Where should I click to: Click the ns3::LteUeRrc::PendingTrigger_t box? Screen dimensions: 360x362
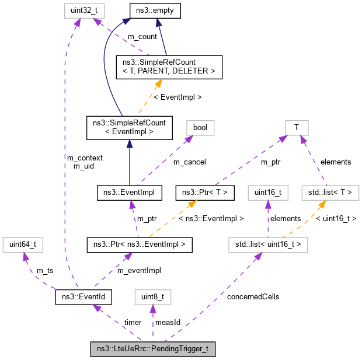153,349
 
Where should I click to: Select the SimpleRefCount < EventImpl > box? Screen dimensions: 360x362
129,127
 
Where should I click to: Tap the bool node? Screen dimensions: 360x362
200,127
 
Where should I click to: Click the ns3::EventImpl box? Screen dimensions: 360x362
129,191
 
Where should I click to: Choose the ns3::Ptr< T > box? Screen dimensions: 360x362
205,191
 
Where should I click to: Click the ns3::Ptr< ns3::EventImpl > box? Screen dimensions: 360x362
139,244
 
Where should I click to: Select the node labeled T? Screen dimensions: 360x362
297,127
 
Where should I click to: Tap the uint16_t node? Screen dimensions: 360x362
267,191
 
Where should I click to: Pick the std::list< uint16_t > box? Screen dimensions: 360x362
268,244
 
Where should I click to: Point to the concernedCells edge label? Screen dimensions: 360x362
254,296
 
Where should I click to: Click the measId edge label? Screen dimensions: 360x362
168,323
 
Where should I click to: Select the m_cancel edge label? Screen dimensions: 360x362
190,162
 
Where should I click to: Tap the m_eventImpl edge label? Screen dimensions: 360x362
138,270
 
